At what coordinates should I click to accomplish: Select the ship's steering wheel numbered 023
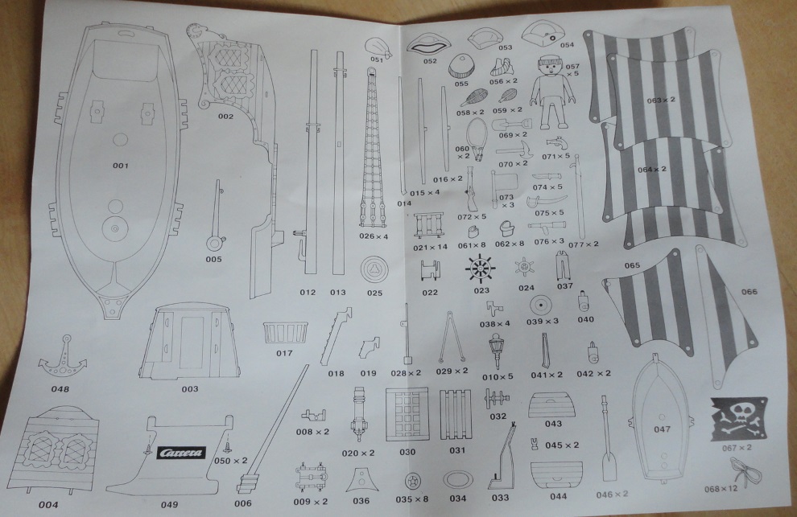click(481, 266)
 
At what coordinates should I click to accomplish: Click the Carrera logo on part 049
click(181, 452)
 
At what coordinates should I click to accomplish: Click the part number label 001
click(121, 166)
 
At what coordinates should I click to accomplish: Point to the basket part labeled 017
click(283, 331)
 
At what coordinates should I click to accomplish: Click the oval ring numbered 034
click(459, 479)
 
